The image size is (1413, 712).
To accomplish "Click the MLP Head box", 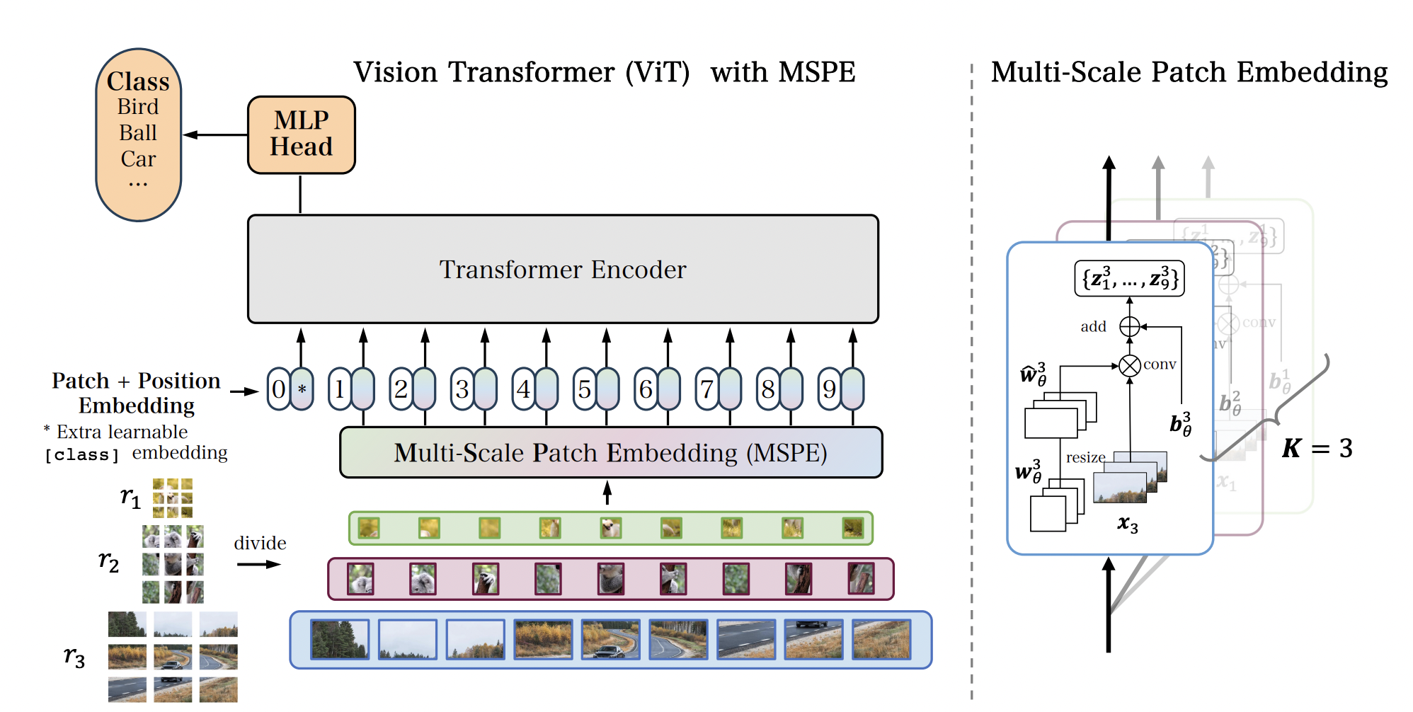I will click(301, 134).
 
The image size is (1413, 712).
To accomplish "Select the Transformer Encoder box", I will click(563, 269).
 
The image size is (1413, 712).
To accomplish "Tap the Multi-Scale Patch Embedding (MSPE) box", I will click(610, 452).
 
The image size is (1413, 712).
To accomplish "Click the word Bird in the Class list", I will click(138, 107).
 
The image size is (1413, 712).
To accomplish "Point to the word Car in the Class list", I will click(138, 159).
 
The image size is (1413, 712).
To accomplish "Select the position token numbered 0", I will click(279, 389).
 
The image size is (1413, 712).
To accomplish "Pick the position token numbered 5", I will click(585, 389).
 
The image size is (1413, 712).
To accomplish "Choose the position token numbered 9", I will click(830, 389).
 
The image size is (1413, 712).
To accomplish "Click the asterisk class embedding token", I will click(302, 389).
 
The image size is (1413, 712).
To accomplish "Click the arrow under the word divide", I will click(258, 564).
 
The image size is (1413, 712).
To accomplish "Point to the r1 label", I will click(130, 497).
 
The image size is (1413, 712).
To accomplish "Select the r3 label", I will click(74, 656).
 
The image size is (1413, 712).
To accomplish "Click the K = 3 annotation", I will click(1317, 448).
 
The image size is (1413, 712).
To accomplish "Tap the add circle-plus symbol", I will click(1130, 326).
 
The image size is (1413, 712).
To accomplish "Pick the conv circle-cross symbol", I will click(1130, 365).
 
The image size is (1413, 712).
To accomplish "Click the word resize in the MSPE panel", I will click(1085, 457).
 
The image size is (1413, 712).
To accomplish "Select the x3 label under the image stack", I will click(1128, 524).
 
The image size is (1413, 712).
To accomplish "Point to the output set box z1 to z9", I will click(1129, 278).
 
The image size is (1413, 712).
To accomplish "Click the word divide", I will click(260, 543).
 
